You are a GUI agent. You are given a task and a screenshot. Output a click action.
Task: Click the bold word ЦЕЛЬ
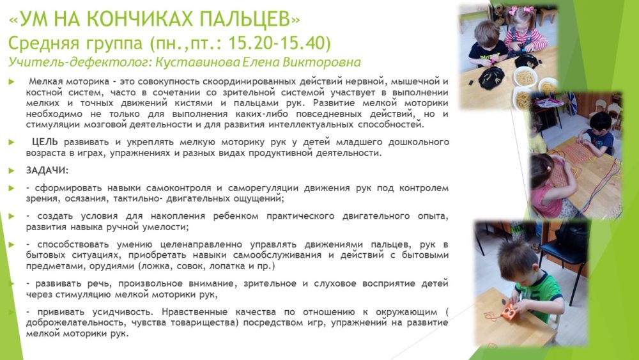pos(45,142)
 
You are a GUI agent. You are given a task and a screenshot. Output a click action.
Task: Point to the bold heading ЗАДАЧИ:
pos(47,171)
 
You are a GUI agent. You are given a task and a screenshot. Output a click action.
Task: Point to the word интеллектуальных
pos(311,124)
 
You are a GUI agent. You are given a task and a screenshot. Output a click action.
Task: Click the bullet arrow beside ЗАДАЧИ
pos(12,171)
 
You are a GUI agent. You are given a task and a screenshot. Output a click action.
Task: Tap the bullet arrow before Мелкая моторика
pos(12,82)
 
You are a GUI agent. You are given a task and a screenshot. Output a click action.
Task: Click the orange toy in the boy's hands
pos(509,312)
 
